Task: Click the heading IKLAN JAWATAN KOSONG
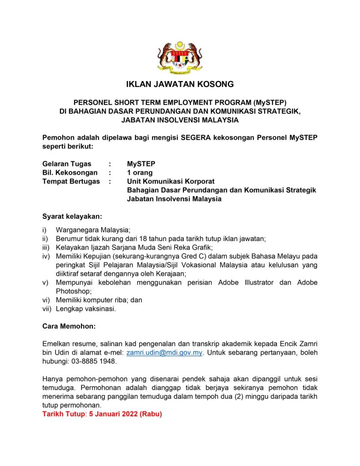coord(180,84)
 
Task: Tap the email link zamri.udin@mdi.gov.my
coord(164,353)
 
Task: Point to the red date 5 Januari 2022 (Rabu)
coord(128,414)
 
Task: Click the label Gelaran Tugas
coord(66,164)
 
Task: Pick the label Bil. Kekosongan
coord(70,172)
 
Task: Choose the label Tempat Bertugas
coord(71,182)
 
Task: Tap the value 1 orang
coord(140,172)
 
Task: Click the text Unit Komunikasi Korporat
coord(171,182)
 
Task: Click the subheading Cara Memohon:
coord(69,326)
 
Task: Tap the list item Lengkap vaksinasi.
coord(86,309)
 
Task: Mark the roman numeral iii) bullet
coord(46,247)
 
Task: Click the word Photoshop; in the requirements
coord(74,291)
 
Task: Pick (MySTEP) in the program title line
coord(266,103)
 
